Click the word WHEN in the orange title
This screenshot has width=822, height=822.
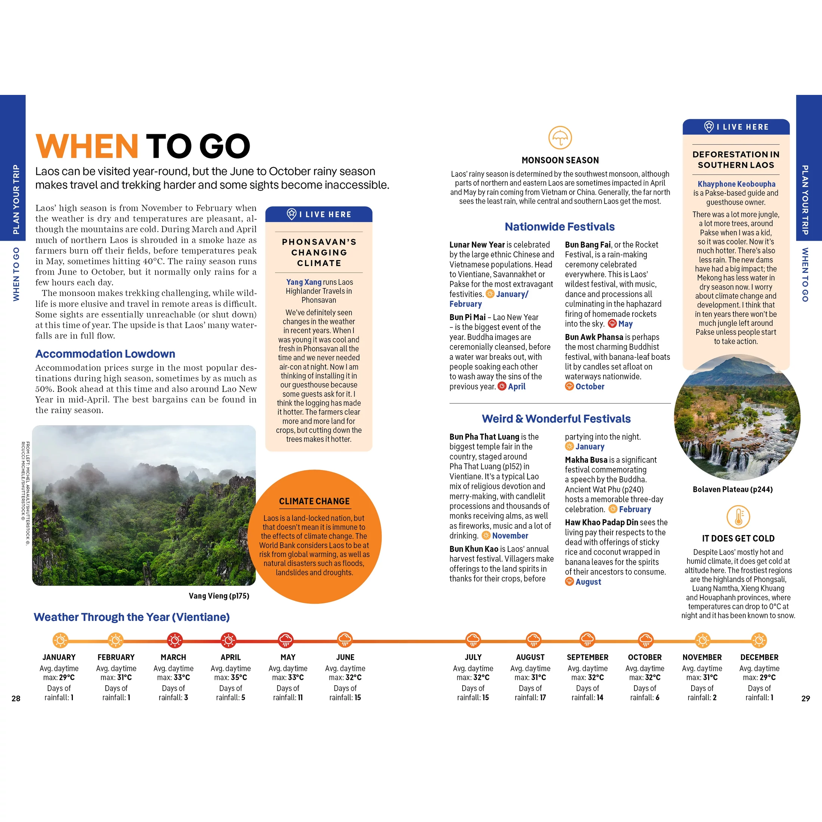pos(87,146)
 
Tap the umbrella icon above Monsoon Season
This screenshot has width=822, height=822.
pos(560,137)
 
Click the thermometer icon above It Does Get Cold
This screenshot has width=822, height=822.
pos(738,517)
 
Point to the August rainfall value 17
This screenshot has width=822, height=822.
pos(542,698)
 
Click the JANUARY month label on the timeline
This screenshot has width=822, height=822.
pos(59,657)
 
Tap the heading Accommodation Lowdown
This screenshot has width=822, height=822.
pos(105,353)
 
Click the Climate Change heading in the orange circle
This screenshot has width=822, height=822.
pos(315,501)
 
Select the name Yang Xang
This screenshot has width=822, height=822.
pos(304,282)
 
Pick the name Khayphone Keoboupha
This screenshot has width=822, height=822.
pos(736,184)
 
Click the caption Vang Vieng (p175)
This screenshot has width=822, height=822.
pos(219,596)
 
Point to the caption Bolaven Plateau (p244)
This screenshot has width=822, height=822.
pos(733,489)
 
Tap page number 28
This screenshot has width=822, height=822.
pos(16,699)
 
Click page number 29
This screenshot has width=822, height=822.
pos(806,699)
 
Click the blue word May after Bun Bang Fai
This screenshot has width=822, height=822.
pos(625,324)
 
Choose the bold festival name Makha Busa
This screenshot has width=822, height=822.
pos(586,460)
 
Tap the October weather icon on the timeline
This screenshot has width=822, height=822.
pos(645,640)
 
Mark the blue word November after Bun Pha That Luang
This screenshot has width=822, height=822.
pos(510,536)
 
